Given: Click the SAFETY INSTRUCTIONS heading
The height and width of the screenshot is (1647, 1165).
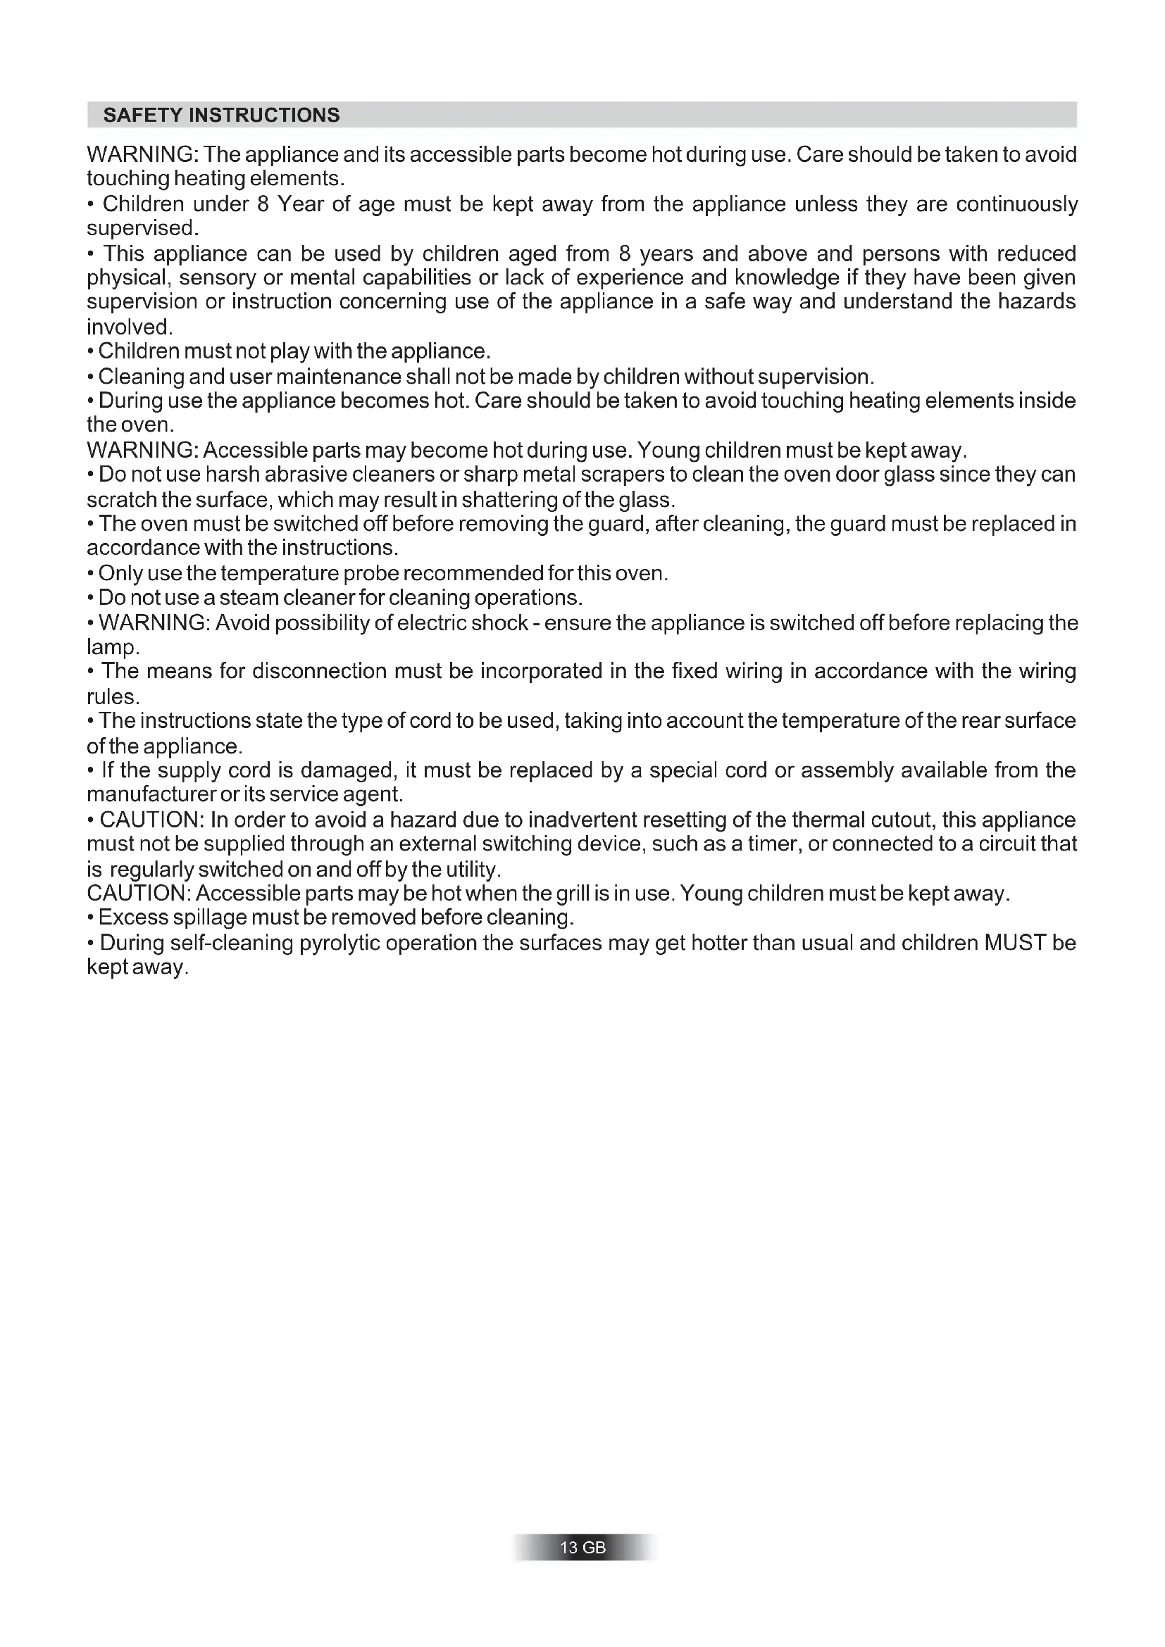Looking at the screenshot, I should (x=222, y=115).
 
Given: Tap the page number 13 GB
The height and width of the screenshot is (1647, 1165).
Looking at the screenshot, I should (x=582, y=1547).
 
